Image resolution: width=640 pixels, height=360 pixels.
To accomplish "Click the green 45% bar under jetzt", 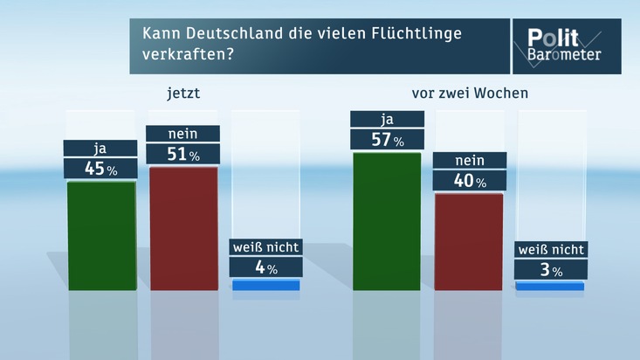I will click(101, 235).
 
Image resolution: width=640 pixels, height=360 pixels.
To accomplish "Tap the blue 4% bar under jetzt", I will click(265, 285).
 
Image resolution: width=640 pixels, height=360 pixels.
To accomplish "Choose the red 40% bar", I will click(468, 241).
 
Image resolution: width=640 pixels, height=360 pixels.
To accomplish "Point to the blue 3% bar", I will click(549, 286).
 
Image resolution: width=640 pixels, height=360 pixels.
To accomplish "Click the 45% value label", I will click(100, 169).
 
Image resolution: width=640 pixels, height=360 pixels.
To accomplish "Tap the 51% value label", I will click(183, 155).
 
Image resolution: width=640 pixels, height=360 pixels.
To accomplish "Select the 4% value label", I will click(265, 268).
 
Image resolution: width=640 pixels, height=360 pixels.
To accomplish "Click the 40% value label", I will click(469, 181).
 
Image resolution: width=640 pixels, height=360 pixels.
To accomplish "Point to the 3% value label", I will click(551, 270).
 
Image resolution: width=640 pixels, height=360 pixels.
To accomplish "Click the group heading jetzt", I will click(184, 93).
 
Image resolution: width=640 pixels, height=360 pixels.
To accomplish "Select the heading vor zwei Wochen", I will click(471, 93).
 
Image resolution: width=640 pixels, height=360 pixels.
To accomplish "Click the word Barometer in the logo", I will click(563, 57).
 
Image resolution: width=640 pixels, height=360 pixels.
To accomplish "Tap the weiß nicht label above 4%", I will click(265, 247).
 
